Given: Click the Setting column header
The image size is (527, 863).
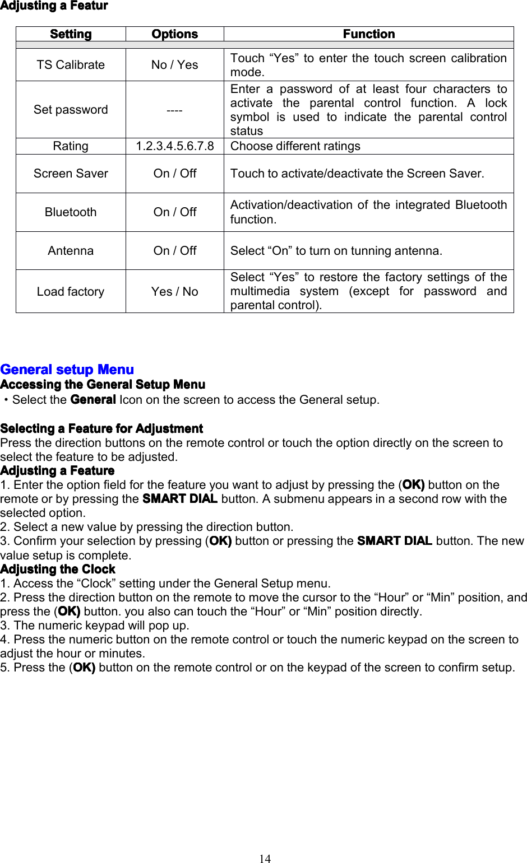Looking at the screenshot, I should (x=71, y=34).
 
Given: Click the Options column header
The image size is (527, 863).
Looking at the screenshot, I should (x=174, y=34).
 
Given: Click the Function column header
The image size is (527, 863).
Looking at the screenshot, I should (x=368, y=34).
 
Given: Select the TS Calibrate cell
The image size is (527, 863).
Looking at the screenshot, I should (x=71, y=65).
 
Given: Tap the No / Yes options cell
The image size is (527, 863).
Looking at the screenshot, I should (x=174, y=65).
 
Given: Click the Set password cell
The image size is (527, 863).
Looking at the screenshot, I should (x=71, y=110).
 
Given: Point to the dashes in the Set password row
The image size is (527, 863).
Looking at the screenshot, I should (x=174, y=110).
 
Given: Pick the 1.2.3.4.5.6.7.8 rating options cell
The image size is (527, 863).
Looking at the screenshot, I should (x=174, y=146).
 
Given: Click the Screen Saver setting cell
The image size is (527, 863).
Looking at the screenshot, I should (x=71, y=174).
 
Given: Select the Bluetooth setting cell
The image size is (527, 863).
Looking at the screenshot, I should (x=71, y=212).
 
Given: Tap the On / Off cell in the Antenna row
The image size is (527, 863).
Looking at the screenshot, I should (x=174, y=251).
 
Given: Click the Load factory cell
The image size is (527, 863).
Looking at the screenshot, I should (x=71, y=292).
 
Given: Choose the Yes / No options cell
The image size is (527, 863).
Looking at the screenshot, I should (x=174, y=292).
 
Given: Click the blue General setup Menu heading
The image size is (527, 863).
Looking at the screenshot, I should (x=67, y=370).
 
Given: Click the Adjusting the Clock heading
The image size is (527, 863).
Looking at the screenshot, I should (x=58, y=570).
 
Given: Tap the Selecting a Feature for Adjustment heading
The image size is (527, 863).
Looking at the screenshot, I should (x=101, y=429).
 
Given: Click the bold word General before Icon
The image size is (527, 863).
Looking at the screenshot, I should (x=93, y=400).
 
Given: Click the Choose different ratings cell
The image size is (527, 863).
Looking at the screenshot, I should (x=295, y=146).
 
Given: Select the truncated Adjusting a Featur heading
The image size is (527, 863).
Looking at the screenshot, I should (x=54, y=6).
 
